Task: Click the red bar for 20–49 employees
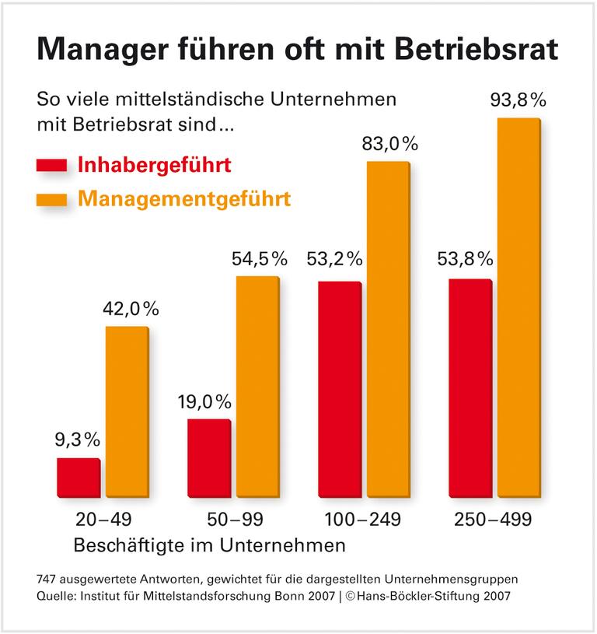point(79,477)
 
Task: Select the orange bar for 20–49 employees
point(127,411)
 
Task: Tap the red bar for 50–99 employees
point(208,457)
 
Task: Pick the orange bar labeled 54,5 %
point(257,386)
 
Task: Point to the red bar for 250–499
point(470,387)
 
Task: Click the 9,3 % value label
point(77,440)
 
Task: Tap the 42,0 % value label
point(131,308)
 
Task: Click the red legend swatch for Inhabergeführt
point(52,166)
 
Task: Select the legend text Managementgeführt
point(184,200)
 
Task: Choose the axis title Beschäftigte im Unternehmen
point(208,545)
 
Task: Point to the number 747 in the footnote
point(48,580)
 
